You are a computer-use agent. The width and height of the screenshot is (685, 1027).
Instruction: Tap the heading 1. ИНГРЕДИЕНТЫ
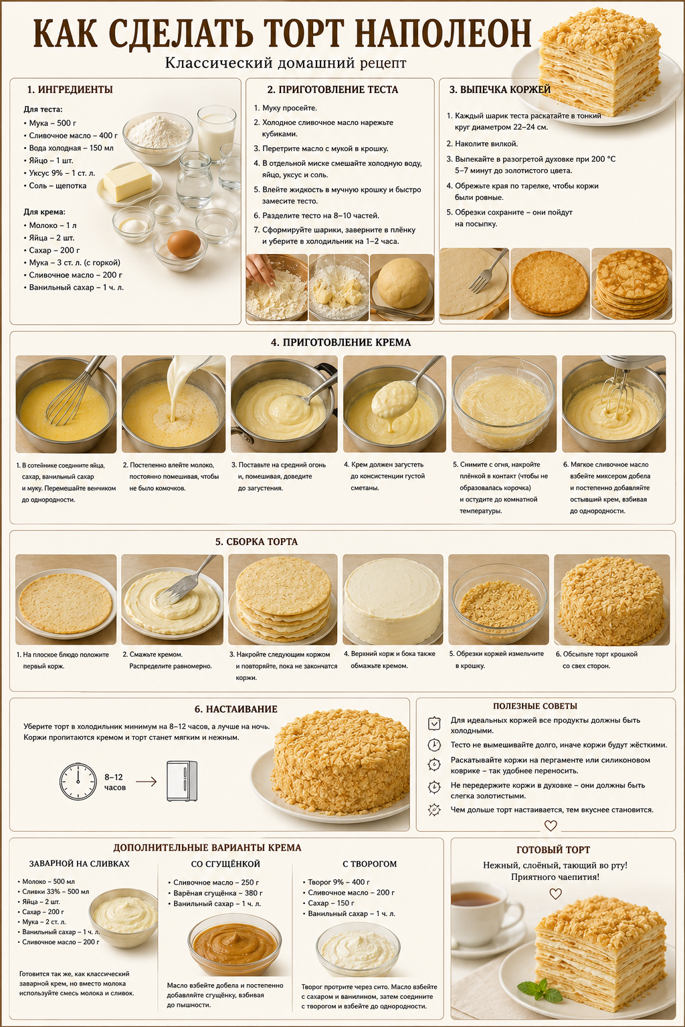[x=70, y=90]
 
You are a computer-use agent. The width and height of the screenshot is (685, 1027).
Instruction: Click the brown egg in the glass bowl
[x=183, y=243]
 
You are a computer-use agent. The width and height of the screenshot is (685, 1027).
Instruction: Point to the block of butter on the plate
[x=128, y=181]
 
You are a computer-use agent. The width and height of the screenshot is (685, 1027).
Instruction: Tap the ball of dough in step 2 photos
[x=403, y=282]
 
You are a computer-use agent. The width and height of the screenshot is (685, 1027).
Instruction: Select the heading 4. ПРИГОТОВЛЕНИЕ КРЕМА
[x=340, y=342]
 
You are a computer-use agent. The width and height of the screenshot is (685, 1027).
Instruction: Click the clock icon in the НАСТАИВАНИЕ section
[x=78, y=781]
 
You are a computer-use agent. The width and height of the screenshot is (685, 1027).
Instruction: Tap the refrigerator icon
[x=182, y=781]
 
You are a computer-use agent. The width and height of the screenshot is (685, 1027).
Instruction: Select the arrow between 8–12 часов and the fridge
[x=146, y=781]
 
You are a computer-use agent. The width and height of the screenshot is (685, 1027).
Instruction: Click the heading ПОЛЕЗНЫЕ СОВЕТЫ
[x=535, y=706]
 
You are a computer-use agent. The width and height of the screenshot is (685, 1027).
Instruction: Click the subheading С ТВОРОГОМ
[x=369, y=864]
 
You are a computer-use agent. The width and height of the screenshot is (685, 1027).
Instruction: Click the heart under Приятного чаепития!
[x=556, y=893]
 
